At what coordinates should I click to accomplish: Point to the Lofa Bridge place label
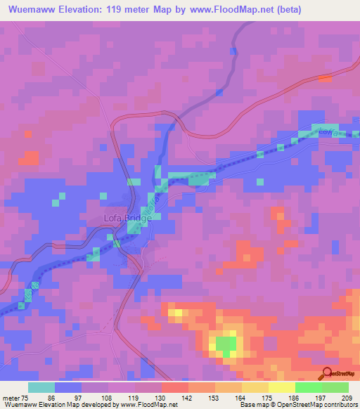click(x=123, y=219)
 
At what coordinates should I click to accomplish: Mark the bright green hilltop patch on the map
click(x=225, y=344)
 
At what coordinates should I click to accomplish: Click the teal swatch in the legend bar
click(x=41, y=387)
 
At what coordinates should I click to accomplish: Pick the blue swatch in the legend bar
click(x=67, y=387)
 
